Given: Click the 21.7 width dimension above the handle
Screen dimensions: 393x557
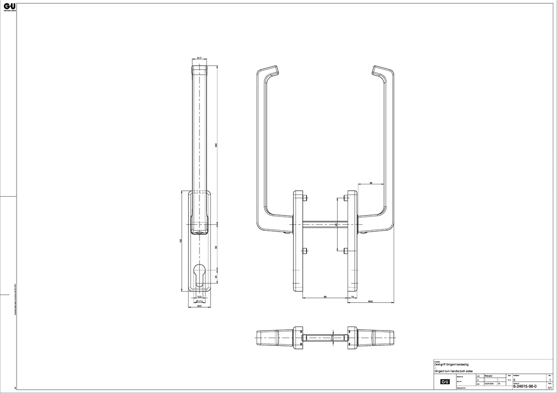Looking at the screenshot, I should click(199, 58).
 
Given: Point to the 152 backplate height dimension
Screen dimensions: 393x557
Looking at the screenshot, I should click(181, 240).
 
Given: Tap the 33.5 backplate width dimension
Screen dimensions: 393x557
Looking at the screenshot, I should click(199, 306).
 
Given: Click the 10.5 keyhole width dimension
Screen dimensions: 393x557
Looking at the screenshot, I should click(199, 297).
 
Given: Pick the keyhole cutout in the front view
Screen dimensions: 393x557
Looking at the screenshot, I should click(199, 275).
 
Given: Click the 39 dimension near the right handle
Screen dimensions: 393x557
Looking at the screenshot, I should click(370, 183).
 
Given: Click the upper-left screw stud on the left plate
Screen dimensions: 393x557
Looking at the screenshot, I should click(305, 198).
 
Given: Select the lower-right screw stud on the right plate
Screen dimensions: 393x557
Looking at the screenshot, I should click(345, 250).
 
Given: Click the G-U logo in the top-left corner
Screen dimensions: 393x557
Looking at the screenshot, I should click(10, 6).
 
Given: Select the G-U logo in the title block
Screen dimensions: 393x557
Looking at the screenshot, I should click(445, 382).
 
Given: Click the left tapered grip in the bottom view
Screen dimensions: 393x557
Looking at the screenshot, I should click(273, 338).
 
